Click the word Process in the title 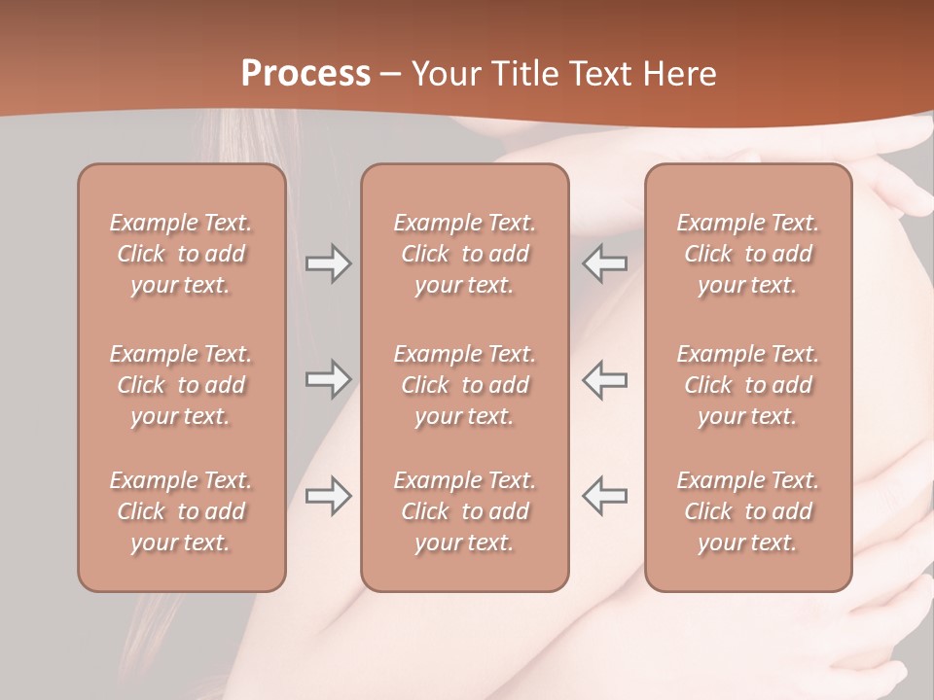305,74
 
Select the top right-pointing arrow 328,263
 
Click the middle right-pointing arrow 328,379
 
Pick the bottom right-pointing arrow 328,496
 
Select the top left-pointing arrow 605,263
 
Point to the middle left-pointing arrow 605,379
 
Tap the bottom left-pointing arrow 605,496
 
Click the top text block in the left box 181,254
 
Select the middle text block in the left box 181,385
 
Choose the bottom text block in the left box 181,511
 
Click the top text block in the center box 465,254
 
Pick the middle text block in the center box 465,385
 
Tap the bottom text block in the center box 465,511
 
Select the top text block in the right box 748,254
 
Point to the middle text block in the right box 748,385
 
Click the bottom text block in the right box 748,511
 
